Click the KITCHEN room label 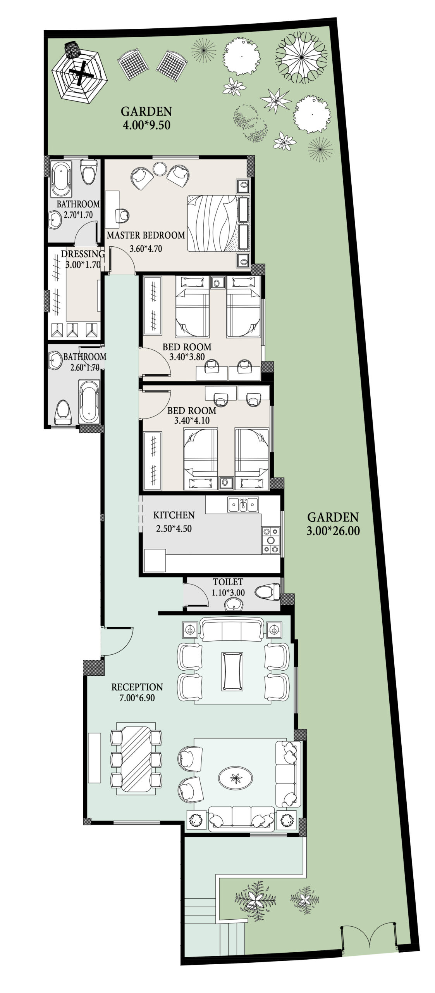click(174, 515)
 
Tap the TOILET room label click(228, 582)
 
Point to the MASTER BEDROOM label click(146, 235)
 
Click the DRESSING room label click(83, 254)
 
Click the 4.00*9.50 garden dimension click(146, 125)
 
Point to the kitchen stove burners click(270, 539)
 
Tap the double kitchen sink click(243, 505)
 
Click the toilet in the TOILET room click(267, 592)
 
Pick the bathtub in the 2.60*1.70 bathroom click(89, 402)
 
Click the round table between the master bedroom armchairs click(159, 170)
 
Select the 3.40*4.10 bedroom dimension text click(192, 420)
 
